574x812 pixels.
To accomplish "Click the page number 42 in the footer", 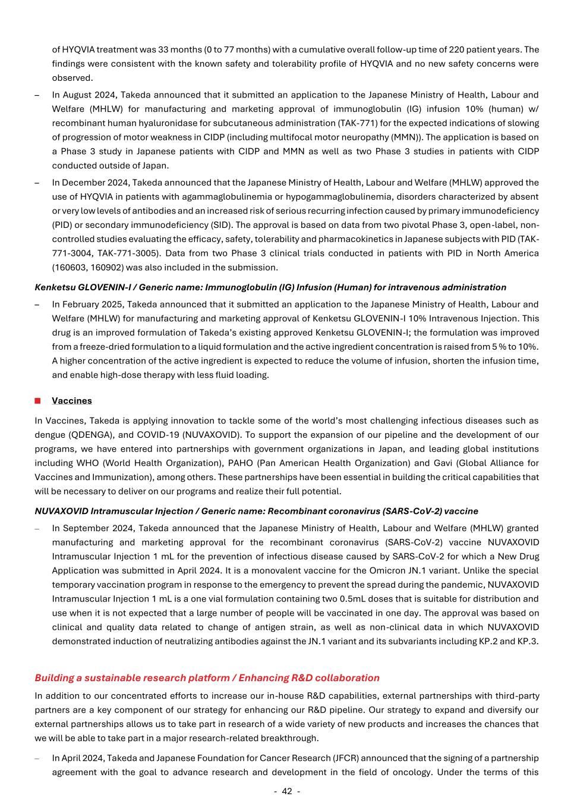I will tap(287, 791).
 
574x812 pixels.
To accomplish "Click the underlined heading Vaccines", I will tap(72, 400).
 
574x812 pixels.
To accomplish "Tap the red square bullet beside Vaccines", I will tap(37, 400).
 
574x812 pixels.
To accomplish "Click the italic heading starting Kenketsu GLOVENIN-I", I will tap(270, 287).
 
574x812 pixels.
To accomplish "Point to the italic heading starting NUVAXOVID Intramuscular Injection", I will tap(256, 511).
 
